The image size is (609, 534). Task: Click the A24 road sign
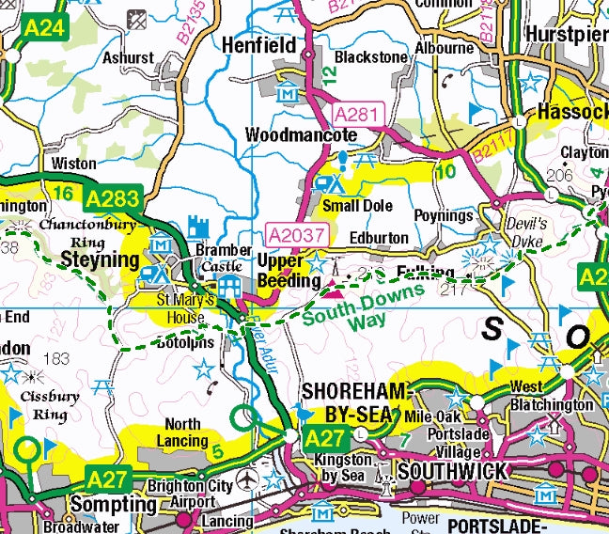44,28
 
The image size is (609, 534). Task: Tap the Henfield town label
258,44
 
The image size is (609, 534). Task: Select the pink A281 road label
357,115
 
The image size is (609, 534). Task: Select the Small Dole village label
354,205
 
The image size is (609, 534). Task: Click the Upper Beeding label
280,271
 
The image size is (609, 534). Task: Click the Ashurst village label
129,57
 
